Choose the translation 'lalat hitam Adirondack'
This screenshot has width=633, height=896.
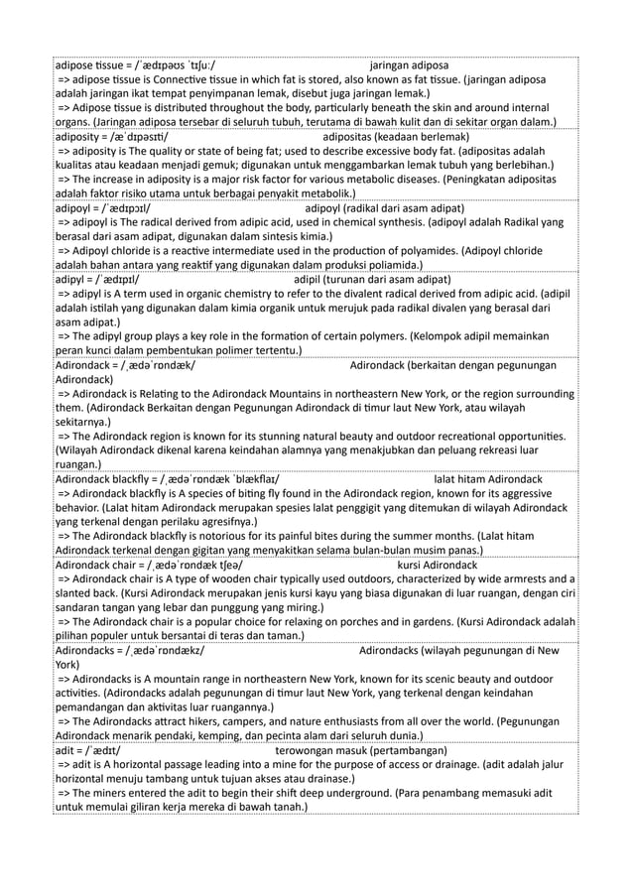coord(488,479)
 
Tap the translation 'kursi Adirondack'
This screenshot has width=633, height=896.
coord(437,566)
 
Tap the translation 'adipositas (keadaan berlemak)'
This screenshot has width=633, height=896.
coord(396,136)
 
